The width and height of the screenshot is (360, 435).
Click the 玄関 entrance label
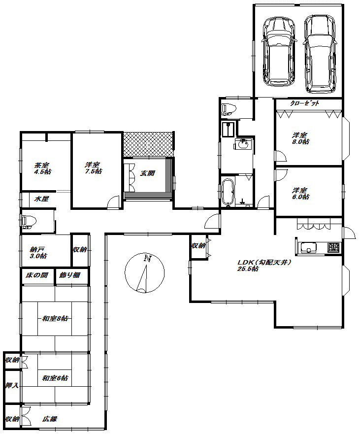(x=147, y=173)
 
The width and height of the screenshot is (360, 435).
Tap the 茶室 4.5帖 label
(x=43, y=168)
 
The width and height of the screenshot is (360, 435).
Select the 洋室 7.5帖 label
(x=93, y=168)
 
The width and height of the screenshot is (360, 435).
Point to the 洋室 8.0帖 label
(x=300, y=138)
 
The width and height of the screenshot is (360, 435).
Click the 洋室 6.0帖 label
(x=300, y=194)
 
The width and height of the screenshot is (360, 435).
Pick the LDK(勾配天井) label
(x=264, y=262)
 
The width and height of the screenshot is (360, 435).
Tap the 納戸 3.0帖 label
(x=38, y=252)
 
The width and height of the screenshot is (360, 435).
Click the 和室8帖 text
(x=55, y=318)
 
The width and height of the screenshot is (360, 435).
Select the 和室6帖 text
(x=55, y=378)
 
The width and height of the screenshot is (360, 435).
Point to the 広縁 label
(x=50, y=419)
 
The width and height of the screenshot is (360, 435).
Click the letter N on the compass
(x=147, y=259)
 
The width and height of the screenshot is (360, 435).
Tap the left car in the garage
(x=278, y=52)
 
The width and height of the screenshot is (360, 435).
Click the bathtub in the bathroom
(x=229, y=193)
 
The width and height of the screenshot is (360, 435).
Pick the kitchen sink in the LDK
(x=309, y=247)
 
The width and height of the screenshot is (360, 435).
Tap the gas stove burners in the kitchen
(x=333, y=247)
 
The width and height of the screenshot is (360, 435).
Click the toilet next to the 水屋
(x=29, y=221)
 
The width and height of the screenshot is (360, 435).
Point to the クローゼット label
(x=305, y=103)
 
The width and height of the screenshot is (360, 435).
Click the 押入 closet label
(x=12, y=385)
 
